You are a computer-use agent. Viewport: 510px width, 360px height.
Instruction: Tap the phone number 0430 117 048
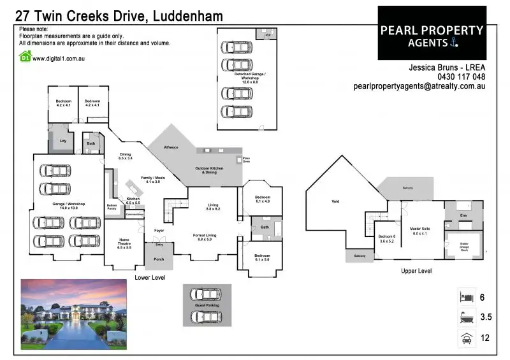coord(461,76)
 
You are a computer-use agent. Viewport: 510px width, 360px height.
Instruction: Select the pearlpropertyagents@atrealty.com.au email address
coord(419,85)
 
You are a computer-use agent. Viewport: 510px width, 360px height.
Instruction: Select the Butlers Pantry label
coord(112,206)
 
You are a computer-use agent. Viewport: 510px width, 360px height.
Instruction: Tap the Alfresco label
coord(171,147)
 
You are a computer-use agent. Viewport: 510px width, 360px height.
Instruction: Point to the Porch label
coord(159,259)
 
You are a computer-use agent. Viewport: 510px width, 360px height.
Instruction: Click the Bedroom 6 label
coord(388,239)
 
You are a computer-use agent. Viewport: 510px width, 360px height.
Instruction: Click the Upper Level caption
coord(416,271)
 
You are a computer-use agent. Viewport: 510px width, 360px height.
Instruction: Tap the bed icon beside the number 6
coord(465,297)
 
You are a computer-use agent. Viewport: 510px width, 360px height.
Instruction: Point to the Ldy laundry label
coord(62,140)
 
